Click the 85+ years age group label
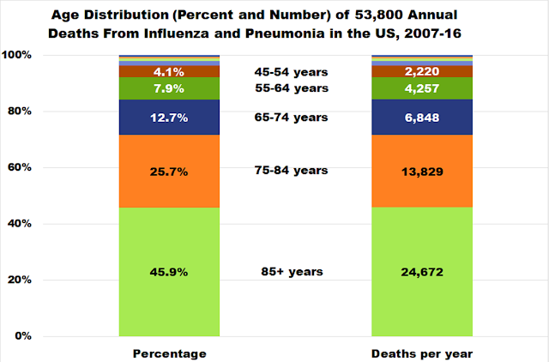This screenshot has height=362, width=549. (292, 272)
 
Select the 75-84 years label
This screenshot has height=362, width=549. (292, 171)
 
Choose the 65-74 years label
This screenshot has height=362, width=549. (292, 117)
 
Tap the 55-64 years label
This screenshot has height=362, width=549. (292, 88)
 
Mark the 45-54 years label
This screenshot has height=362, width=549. (292, 72)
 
